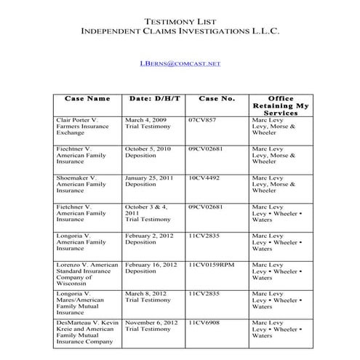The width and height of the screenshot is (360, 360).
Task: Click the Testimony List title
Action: (179, 21)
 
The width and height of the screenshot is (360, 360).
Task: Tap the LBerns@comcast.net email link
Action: (179, 64)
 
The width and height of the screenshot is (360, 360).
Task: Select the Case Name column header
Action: (87, 97)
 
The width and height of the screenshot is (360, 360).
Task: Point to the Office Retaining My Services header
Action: (279, 105)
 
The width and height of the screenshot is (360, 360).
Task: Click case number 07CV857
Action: (201, 119)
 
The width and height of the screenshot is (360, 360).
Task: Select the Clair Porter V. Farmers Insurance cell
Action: (80, 126)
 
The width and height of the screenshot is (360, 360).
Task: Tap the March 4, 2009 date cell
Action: (148, 123)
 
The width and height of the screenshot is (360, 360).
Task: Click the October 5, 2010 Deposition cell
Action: (149, 152)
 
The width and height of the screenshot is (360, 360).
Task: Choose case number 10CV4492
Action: (204, 177)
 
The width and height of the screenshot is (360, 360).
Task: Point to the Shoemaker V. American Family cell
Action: (79, 185)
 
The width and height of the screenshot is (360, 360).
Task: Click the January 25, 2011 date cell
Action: (151, 181)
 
